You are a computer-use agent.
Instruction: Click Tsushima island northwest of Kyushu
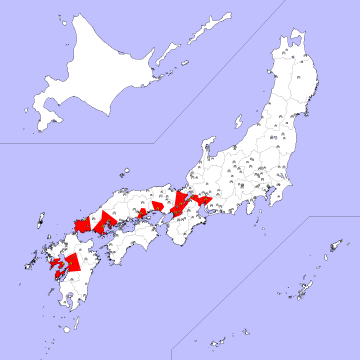[39, 221]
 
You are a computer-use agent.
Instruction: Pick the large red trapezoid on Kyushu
[70, 262]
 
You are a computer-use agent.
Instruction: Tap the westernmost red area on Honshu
[80, 221]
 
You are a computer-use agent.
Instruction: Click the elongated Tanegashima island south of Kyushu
[77, 319]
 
